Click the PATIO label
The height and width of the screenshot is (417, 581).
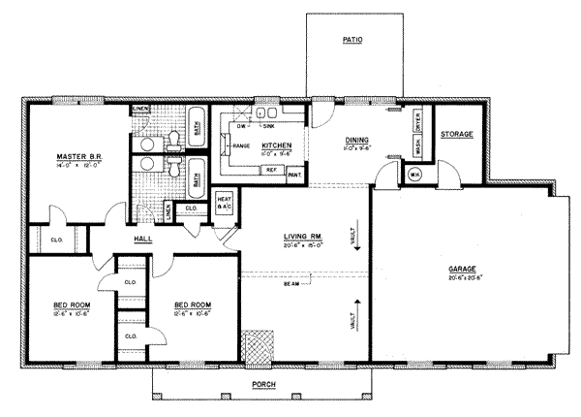click(352, 41)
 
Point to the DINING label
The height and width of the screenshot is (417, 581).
click(355, 141)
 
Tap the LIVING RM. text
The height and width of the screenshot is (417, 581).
click(302, 237)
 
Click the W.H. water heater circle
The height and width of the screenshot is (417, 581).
click(414, 175)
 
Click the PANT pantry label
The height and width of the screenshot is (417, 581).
click(294, 176)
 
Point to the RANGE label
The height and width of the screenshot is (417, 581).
click(241, 145)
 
